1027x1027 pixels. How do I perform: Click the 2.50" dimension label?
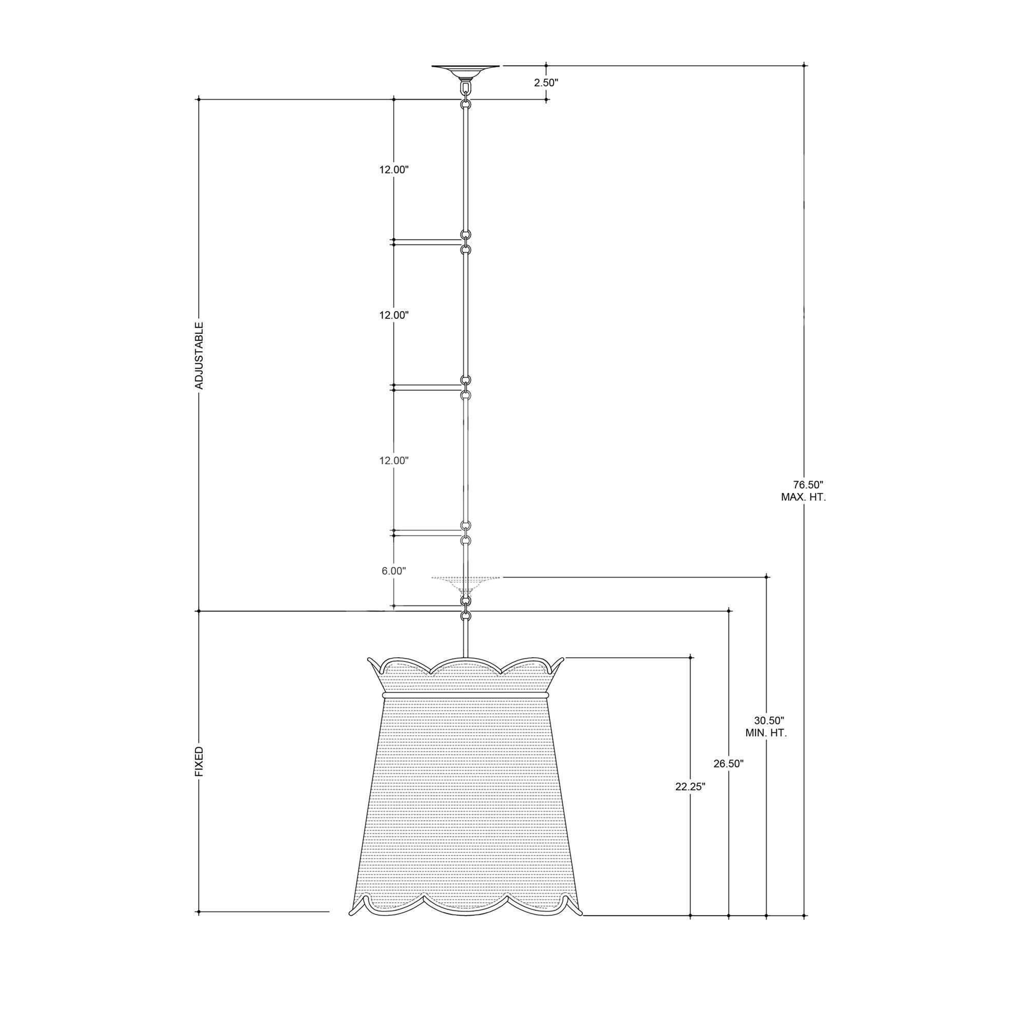[546, 83]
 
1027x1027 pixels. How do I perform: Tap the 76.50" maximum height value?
[808, 485]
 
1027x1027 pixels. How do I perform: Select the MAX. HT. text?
[803, 498]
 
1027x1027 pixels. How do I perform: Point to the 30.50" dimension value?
[769, 720]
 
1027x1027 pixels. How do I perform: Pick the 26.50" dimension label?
[728, 764]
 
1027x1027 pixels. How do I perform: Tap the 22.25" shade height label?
[690, 802]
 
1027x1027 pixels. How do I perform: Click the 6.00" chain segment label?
[393, 571]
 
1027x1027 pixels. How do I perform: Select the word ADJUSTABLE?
[199, 356]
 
